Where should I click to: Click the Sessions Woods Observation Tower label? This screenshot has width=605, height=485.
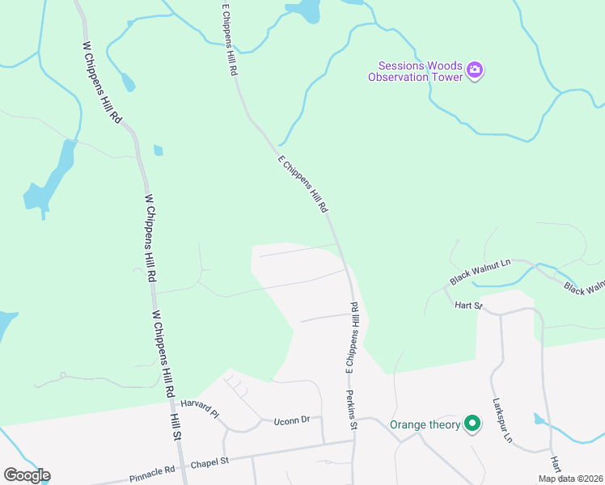(415, 71)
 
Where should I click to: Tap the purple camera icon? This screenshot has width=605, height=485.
(475, 71)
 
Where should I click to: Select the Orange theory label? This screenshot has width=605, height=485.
(425, 424)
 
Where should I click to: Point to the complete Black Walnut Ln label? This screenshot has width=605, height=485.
(481, 272)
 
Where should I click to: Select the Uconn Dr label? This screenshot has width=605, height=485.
(292, 420)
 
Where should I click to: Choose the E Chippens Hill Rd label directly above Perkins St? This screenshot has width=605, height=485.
(353, 338)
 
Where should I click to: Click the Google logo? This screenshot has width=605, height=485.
(27, 475)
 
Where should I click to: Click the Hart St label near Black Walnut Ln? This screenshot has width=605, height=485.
(468, 306)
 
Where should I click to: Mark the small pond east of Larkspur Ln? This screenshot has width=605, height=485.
(540, 419)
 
